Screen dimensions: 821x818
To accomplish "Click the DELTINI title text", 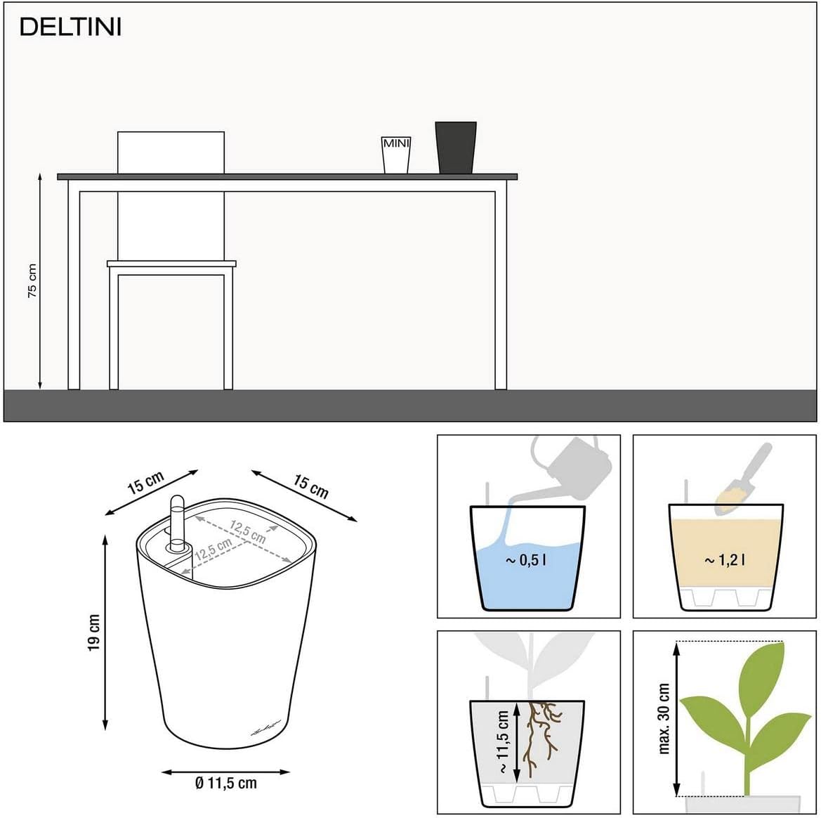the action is click(x=70, y=27).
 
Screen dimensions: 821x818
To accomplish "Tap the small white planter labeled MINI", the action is click(x=396, y=155).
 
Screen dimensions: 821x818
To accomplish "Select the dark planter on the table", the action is click(x=456, y=148).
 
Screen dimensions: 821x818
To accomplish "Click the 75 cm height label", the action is click(x=32, y=281).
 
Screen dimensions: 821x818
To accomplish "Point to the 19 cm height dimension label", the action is click(x=93, y=632).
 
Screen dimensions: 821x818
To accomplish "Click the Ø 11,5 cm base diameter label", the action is click(x=225, y=783).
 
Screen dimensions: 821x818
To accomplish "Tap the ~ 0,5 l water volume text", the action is click(x=526, y=560).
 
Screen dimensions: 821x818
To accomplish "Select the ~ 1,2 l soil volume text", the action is click(x=725, y=560).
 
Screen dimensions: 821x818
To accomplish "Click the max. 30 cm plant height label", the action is click(x=664, y=718).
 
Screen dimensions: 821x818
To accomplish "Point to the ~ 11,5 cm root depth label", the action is click(x=503, y=742).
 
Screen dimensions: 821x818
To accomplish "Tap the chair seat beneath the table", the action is click(x=172, y=264).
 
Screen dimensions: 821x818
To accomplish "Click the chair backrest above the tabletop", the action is click(x=171, y=152).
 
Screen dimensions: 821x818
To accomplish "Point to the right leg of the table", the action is click(x=501, y=285).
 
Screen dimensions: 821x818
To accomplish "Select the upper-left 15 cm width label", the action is click(x=145, y=483).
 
